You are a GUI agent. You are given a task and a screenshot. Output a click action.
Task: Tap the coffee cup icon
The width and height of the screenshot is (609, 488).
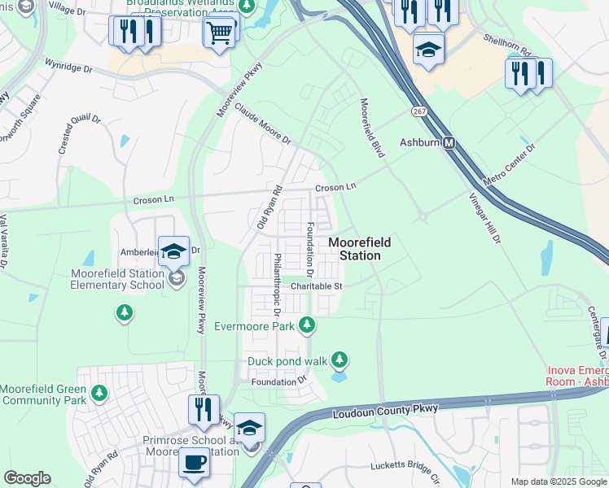click(x=194, y=463)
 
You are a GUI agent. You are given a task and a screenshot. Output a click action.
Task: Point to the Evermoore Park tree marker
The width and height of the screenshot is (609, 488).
click(x=307, y=326)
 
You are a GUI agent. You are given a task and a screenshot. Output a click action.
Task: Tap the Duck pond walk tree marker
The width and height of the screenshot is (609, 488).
click(x=340, y=359)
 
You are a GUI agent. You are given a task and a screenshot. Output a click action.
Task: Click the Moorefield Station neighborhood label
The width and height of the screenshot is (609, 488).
click(x=359, y=249)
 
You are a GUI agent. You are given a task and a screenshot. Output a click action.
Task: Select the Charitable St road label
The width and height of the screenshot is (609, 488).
click(x=317, y=285)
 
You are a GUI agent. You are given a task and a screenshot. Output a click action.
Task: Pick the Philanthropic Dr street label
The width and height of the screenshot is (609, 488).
click(x=278, y=285)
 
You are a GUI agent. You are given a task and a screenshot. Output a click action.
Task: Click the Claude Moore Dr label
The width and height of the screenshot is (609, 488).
click(x=262, y=123)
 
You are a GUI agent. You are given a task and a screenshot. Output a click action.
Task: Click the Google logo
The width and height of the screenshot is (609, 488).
click(x=27, y=478)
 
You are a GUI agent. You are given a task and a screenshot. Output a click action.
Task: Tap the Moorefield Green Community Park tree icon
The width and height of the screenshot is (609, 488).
click(x=99, y=394)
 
